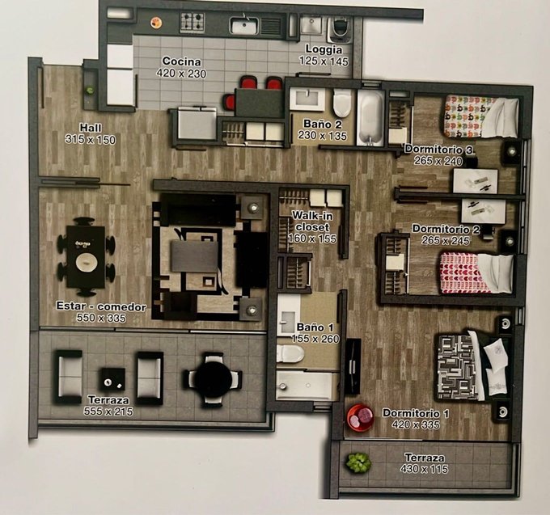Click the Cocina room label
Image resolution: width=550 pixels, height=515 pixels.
[x=182, y=61]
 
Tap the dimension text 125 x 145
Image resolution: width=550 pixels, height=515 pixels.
[x=324, y=61]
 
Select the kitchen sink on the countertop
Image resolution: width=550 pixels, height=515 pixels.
[x=244, y=26]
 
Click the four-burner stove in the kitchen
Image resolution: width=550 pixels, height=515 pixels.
[x=192, y=23]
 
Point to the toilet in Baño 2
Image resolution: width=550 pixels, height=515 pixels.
[x=341, y=103]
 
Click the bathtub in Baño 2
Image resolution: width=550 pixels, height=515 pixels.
[x=371, y=117]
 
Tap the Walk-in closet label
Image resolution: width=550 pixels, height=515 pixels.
[x=312, y=222]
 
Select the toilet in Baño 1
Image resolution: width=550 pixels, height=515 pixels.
[x=290, y=353]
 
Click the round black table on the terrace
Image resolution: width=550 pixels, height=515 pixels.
[x=214, y=380]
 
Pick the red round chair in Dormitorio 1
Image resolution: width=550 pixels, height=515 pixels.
[x=360, y=417]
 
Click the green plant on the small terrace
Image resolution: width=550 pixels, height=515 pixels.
[x=358, y=462]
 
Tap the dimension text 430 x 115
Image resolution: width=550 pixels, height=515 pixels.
[x=424, y=469]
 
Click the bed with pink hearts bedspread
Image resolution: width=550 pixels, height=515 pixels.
[x=476, y=272]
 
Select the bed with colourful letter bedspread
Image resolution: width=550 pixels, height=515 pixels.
[x=481, y=117]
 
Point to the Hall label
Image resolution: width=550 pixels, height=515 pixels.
[x=91, y=127]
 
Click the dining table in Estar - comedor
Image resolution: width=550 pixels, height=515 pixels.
[x=86, y=256]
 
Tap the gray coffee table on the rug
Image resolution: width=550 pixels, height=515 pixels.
[x=194, y=256]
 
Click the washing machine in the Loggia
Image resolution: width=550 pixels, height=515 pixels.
[x=341, y=30]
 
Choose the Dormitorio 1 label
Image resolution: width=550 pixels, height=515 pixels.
[x=415, y=413]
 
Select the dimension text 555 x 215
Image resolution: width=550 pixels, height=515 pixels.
[x=108, y=412]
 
